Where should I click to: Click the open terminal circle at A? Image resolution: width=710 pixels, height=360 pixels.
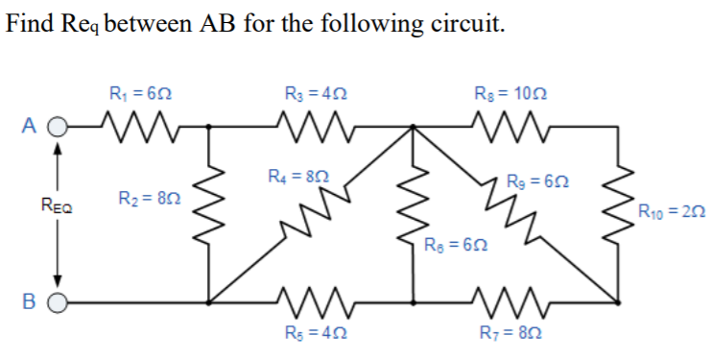pos(58,126)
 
